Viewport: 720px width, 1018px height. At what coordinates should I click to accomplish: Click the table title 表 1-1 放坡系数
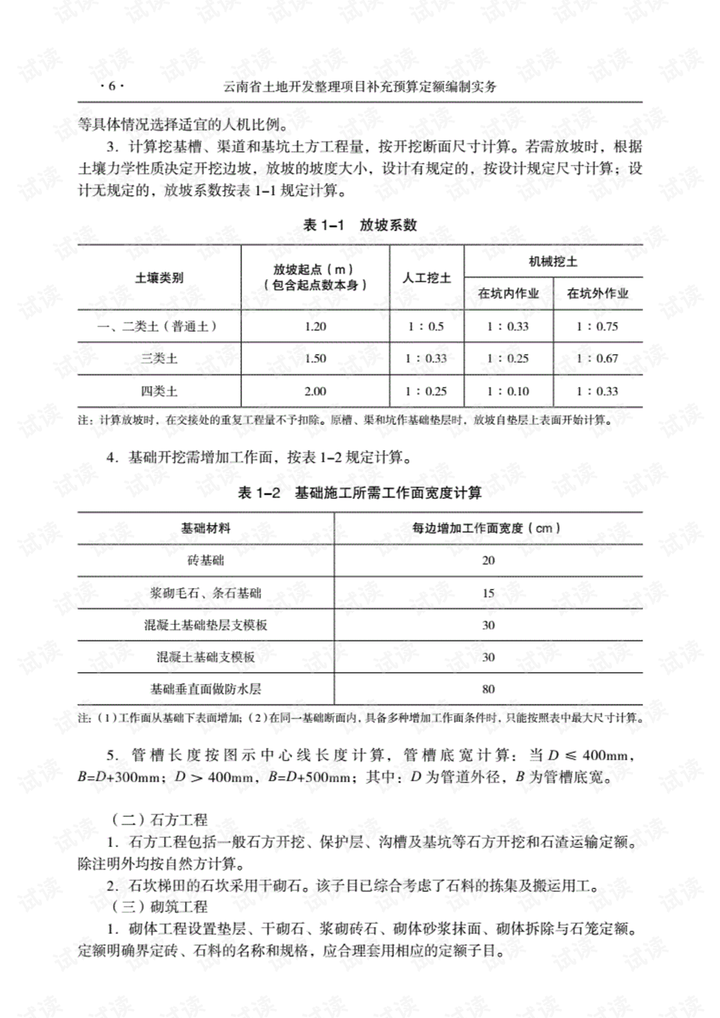[360, 225]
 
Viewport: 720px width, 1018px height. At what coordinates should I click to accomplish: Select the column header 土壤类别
[159, 278]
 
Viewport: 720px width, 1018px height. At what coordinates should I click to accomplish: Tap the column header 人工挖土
[427, 278]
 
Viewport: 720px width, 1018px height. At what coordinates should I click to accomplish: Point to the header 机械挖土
[553, 262]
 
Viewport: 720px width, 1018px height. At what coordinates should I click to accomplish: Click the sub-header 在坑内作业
[508, 293]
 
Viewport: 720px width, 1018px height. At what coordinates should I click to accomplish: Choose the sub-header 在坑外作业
[598, 293]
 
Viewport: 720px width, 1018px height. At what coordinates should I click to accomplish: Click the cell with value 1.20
[316, 326]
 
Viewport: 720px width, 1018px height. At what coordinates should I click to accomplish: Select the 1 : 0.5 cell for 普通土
[426, 326]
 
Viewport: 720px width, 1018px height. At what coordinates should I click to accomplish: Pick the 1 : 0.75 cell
[597, 326]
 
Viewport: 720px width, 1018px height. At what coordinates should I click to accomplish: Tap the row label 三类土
[159, 359]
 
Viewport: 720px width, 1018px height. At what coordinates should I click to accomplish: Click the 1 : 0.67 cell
[597, 359]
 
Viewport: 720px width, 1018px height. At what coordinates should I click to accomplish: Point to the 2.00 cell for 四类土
[316, 391]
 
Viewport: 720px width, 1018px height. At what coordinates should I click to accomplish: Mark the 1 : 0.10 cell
[508, 391]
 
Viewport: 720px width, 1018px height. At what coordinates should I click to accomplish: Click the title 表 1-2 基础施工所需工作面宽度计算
[360, 493]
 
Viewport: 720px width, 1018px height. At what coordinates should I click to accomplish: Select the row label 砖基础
[205, 560]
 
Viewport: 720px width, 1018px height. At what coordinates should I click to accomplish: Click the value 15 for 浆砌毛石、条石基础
[488, 593]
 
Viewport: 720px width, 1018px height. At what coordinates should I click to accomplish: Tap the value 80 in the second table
[488, 689]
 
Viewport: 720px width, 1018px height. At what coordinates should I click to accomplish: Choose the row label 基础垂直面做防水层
[205, 689]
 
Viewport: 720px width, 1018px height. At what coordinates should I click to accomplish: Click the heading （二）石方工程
[159, 820]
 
